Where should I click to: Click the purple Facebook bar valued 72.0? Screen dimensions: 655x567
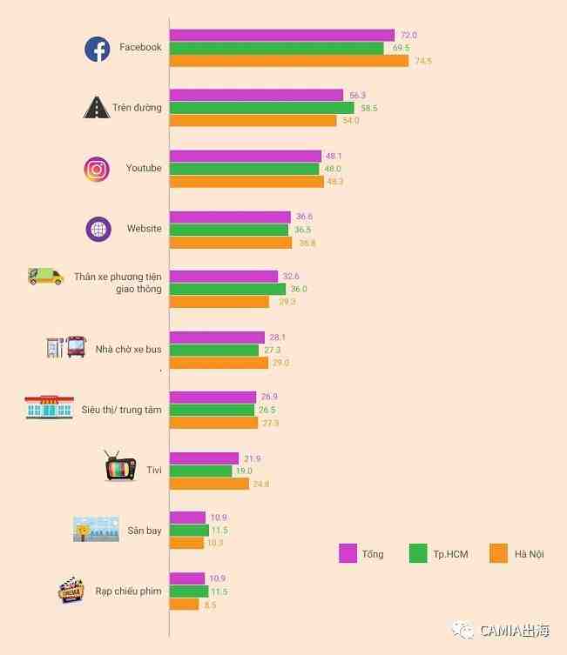coord(281,36)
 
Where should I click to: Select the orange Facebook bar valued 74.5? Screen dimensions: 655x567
coord(288,61)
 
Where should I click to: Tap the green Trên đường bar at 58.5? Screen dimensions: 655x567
coord(261,108)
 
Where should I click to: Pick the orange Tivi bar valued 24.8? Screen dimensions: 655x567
coord(209,484)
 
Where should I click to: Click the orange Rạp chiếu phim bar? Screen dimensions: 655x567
coord(184,605)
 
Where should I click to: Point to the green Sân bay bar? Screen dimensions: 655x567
coord(189,531)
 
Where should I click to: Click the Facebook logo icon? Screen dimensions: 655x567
coord(97,49)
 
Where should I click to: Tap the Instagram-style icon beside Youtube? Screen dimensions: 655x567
coord(97,169)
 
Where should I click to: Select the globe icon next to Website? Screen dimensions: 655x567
coord(98,229)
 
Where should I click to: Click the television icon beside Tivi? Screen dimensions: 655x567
coord(120,468)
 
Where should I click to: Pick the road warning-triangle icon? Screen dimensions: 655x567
coord(96,108)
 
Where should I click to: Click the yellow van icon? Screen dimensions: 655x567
coord(45,277)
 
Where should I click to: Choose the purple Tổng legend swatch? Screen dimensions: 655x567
coord(348,553)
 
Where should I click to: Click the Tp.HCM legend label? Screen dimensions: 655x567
coord(450,554)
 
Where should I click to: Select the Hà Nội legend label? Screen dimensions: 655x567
coord(529,554)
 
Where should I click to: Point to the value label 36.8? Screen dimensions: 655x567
coord(307,243)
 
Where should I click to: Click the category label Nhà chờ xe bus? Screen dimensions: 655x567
coord(128,350)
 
